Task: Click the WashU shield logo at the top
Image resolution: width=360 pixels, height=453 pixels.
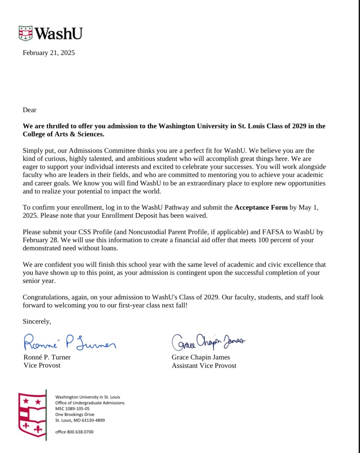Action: click(x=26, y=33)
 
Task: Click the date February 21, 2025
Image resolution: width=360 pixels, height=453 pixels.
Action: click(x=49, y=53)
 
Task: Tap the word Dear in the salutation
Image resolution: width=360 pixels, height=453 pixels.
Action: click(x=29, y=110)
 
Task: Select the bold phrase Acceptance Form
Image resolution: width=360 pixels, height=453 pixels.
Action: click(x=261, y=207)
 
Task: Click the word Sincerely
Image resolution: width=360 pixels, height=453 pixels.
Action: click(x=37, y=321)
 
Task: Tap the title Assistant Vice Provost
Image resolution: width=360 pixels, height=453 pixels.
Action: click(x=204, y=365)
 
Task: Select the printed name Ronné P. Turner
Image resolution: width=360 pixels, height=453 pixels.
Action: click(x=47, y=357)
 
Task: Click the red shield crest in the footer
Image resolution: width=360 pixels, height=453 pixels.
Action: click(x=32, y=415)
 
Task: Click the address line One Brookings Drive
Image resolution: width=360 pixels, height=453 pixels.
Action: click(x=75, y=414)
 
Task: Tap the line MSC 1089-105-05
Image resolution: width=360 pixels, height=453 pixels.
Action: click(x=72, y=408)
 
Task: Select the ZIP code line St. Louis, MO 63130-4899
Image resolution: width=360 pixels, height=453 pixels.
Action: click(x=80, y=420)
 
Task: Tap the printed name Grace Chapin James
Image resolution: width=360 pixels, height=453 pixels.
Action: click(x=201, y=357)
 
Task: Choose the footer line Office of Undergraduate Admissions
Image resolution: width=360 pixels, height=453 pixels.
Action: click(x=90, y=403)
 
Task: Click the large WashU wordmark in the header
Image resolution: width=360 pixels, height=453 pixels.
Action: click(x=58, y=33)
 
